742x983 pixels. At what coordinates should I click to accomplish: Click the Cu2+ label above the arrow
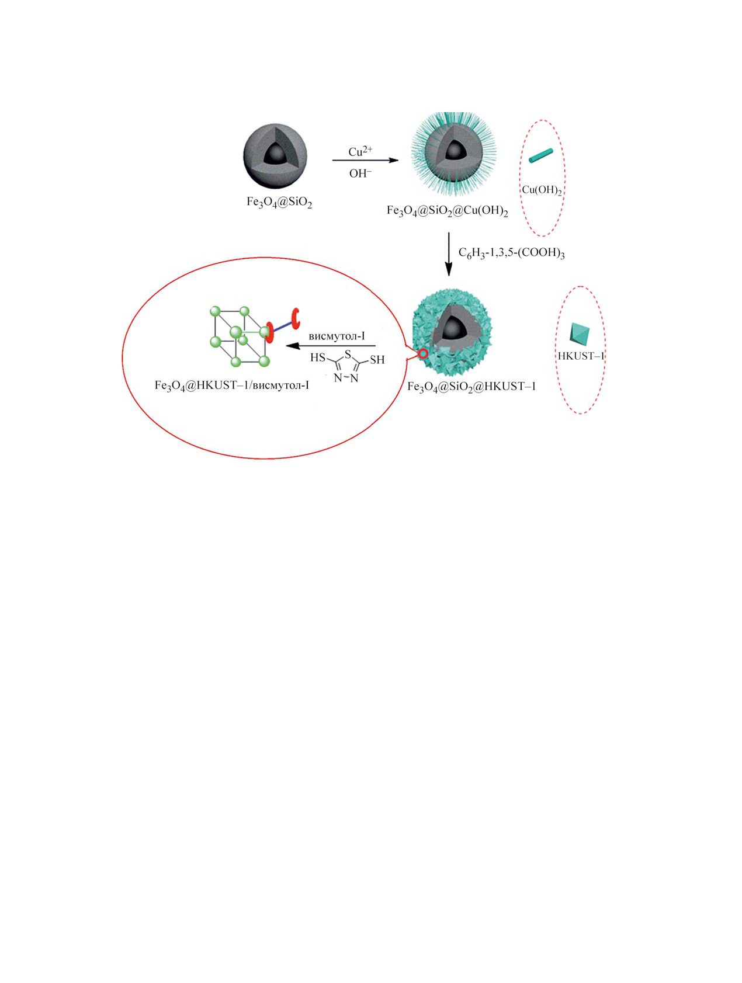[360, 151]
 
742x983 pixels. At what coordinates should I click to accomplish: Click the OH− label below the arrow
[360, 173]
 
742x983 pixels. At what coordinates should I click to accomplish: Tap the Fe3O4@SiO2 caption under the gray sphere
[279, 203]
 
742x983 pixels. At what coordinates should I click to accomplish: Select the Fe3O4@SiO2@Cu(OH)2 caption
[447, 211]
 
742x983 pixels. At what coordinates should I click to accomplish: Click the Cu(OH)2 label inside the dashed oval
[542, 190]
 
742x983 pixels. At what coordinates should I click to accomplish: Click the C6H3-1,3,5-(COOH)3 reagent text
[511, 253]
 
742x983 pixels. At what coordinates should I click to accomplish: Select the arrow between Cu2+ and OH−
[365, 160]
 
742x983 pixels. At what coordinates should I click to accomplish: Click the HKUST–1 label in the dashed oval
[581, 356]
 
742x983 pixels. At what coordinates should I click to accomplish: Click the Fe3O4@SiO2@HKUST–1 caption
[471, 387]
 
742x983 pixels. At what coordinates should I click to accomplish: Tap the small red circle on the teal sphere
[423, 353]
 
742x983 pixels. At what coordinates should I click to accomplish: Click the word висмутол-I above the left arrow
[337, 336]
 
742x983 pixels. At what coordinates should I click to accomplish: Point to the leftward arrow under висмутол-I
[330, 346]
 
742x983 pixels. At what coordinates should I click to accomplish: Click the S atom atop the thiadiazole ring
[348, 354]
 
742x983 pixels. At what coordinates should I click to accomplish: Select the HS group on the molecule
[318, 357]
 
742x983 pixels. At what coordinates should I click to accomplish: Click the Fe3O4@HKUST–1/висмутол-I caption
[232, 385]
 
